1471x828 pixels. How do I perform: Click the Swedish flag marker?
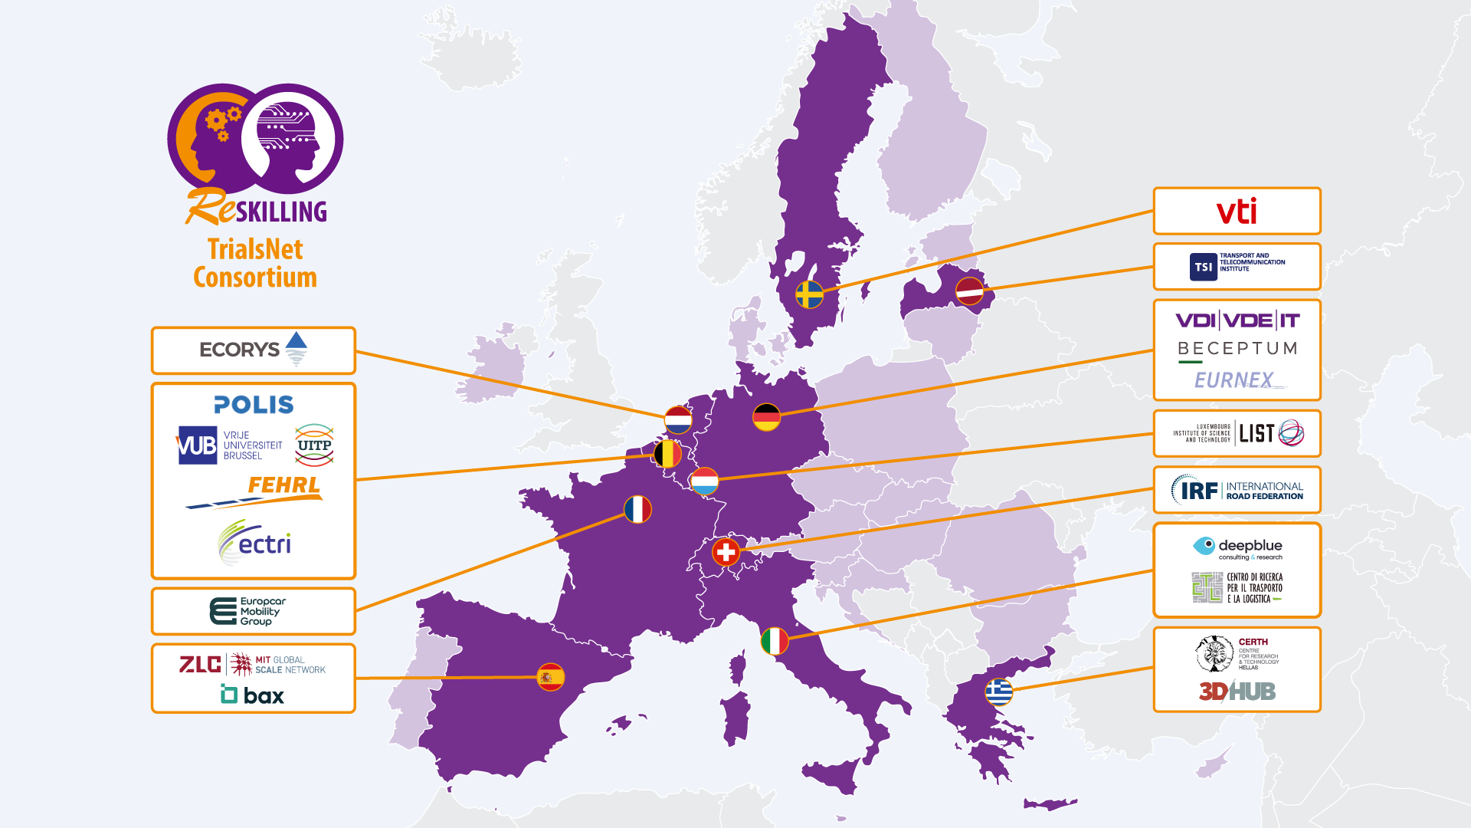[809, 294]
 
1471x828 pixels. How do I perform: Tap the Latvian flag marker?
[969, 291]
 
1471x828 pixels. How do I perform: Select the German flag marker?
[766, 417]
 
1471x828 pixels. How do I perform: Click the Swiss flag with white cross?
[726, 551]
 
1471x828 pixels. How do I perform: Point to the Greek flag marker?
[998, 692]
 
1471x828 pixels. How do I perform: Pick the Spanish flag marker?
[550, 677]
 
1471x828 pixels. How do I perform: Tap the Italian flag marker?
[775, 641]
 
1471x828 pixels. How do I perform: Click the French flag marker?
[637, 509]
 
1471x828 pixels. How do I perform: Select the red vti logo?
[1237, 211]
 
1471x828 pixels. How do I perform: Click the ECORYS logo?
[253, 350]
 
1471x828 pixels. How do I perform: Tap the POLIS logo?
[254, 404]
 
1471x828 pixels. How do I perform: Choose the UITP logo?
[314, 445]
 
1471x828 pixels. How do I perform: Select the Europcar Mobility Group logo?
[248, 611]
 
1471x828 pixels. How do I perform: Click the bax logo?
[253, 695]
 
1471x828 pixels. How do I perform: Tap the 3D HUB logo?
[1237, 692]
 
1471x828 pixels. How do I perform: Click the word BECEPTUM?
[1237, 349]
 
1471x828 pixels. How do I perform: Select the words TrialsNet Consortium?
[255, 263]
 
